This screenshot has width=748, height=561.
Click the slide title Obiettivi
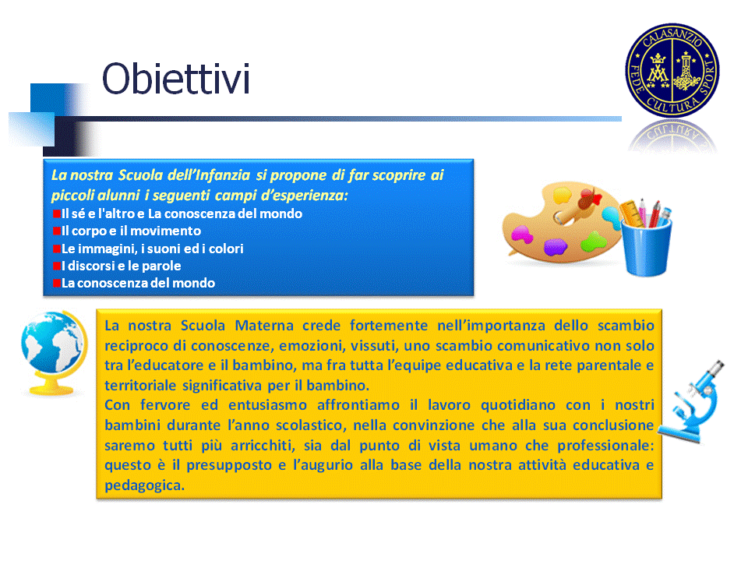pos(176,79)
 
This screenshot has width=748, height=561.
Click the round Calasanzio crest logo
pos(672,70)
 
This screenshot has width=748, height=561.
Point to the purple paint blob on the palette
pos(556,247)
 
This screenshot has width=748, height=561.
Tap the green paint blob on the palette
pos(594,241)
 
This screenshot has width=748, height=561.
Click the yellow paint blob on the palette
pos(562,196)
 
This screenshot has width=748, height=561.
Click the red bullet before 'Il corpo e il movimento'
pos(57,231)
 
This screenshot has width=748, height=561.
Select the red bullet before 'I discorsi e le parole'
pos(57,266)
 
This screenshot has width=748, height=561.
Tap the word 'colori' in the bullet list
pos(226,249)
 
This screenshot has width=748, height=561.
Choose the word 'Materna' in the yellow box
pos(264,326)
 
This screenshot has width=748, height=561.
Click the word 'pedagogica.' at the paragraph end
pos(145,485)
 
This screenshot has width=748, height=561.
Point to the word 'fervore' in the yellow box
pos(165,405)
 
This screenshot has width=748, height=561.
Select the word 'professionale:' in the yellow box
pos(606,446)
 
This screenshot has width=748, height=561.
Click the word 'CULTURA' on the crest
pos(672,104)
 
